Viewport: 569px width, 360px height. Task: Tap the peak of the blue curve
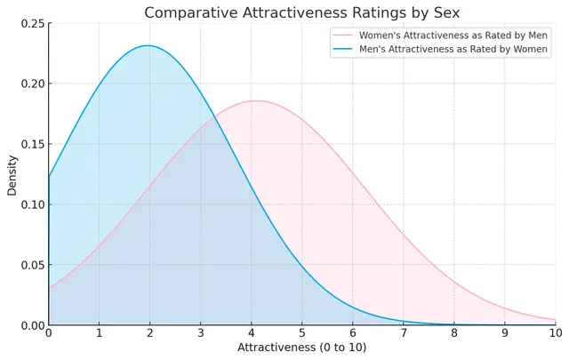tap(148, 46)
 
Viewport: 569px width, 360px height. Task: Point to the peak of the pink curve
tap(256, 100)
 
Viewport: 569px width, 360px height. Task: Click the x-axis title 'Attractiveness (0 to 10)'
tap(301, 348)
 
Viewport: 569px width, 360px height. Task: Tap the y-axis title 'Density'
tap(12, 174)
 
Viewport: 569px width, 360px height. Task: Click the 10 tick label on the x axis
tap(555, 332)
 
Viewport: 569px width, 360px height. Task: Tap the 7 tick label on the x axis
tap(403, 332)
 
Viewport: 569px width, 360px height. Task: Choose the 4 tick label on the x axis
tap(251, 332)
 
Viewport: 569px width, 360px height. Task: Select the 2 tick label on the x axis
tap(149, 332)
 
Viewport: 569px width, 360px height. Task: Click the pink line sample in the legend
tap(344, 35)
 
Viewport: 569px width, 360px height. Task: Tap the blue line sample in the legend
tap(344, 50)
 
